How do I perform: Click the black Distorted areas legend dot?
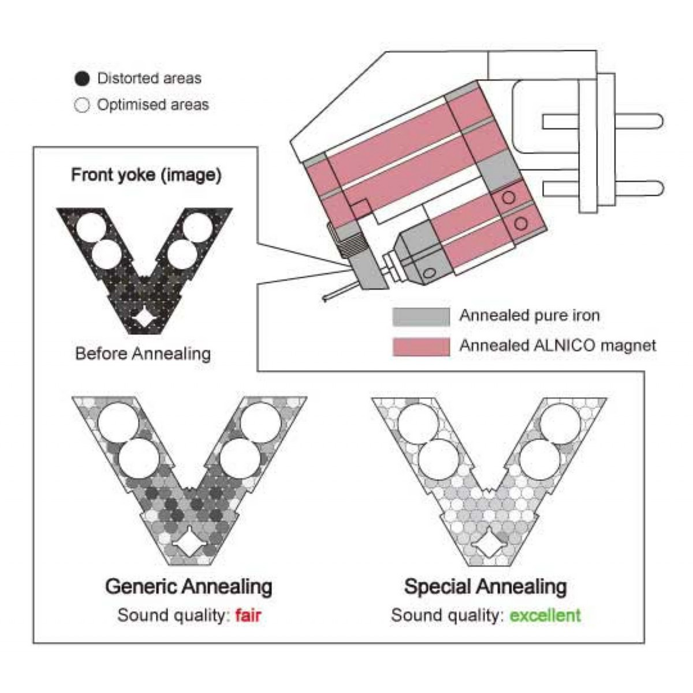(x=82, y=79)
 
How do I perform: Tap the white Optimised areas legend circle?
(x=82, y=106)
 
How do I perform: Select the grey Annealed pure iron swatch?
(x=421, y=317)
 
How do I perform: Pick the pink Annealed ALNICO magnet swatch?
(x=421, y=346)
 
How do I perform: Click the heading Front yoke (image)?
(x=146, y=175)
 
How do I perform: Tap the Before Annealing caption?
(x=143, y=354)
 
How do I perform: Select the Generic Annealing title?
(x=189, y=587)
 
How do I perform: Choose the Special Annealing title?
(x=486, y=587)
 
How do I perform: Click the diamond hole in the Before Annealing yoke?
(x=143, y=318)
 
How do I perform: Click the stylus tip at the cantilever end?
(x=325, y=298)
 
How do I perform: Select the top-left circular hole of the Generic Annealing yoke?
(x=119, y=423)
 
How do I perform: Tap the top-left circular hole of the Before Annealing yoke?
(x=91, y=227)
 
